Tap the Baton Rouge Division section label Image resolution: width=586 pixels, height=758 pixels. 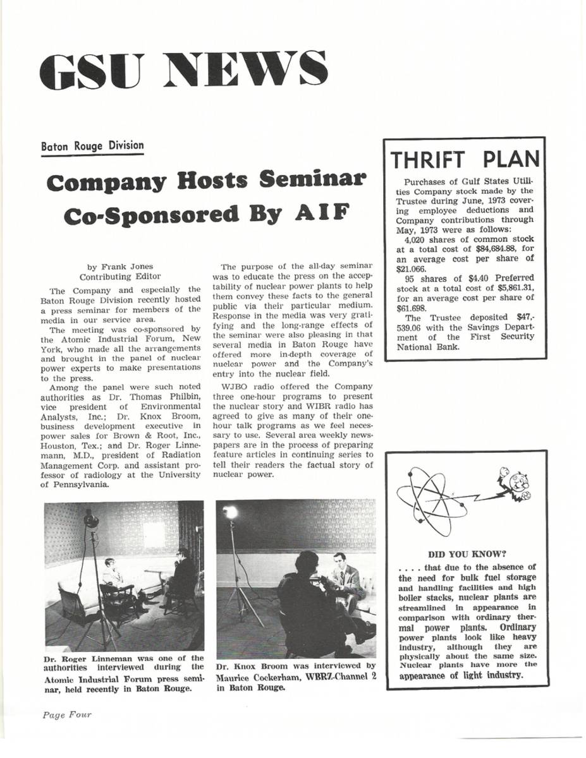(92, 146)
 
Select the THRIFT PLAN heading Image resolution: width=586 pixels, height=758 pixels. (465, 159)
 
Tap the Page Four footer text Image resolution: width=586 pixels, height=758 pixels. (66, 715)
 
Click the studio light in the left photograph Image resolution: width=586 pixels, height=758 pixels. (91, 520)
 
